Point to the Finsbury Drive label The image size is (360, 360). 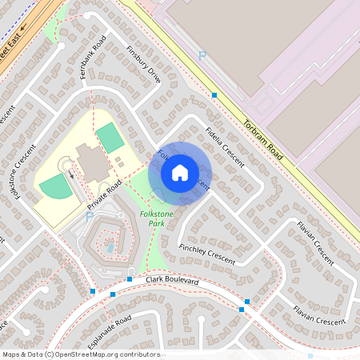pyautogui.click(x=144, y=64)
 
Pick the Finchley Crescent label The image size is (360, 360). pyautogui.click(x=207, y=254)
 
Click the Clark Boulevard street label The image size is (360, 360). pyautogui.click(x=174, y=282)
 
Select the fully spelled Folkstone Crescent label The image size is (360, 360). pyautogui.click(x=22, y=170)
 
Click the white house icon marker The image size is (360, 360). pyautogui.click(x=180, y=173)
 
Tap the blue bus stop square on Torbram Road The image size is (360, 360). pyautogui.click(x=214, y=95)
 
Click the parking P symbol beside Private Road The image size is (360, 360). pyautogui.click(x=89, y=215)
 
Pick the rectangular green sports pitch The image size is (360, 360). pyautogui.click(x=110, y=138)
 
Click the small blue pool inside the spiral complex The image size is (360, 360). pyautogui.click(x=110, y=247)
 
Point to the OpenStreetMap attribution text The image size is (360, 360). pyautogui.click(x=80, y=354)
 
